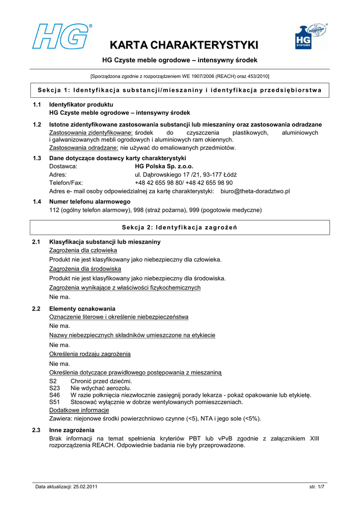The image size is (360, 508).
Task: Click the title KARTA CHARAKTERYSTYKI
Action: [184, 46]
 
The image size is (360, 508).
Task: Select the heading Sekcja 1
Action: [180, 90]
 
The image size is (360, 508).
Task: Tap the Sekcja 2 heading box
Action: [180, 228]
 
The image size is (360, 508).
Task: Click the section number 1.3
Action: [36, 158]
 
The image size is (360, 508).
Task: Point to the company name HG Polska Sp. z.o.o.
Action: [164, 166]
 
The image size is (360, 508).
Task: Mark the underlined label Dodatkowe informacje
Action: [79, 410]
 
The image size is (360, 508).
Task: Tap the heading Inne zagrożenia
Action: [72, 430]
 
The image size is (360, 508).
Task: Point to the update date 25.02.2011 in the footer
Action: [85, 487]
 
